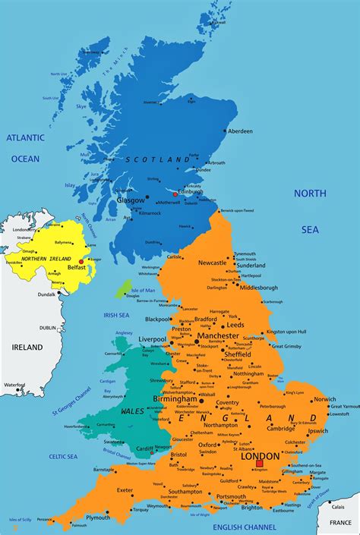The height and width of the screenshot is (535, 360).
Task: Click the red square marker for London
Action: pyautogui.click(x=260, y=462)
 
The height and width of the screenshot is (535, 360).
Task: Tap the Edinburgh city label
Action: pyautogui.click(x=190, y=191)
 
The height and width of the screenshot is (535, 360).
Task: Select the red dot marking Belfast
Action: pyautogui.click(x=81, y=261)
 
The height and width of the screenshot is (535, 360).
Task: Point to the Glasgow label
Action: pyautogui.click(x=130, y=200)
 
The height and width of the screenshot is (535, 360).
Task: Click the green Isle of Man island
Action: pyautogui.click(x=123, y=288)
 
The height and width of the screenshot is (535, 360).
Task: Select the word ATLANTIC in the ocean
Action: pyautogui.click(x=24, y=137)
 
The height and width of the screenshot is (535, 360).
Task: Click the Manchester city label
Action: pyautogui.click(x=218, y=335)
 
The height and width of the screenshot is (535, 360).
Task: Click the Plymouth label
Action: pyautogui.click(x=97, y=518)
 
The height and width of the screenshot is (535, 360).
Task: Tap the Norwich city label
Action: pyautogui.click(x=324, y=399)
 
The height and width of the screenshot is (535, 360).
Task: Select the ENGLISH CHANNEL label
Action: pyautogui.click(x=245, y=527)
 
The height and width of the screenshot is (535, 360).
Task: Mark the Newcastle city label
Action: pyautogui.click(x=213, y=263)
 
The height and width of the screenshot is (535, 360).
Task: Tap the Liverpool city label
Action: pyautogui.click(x=152, y=339)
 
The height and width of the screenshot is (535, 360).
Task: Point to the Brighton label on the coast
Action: pyautogui.click(x=251, y=508)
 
